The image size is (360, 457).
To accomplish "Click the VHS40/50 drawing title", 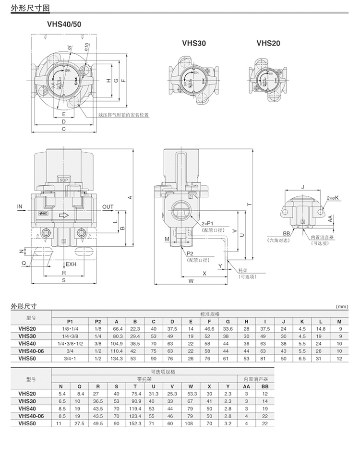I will point(64,23).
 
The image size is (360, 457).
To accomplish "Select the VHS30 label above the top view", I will point(194,43).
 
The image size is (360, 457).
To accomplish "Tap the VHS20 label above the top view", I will point(268,43).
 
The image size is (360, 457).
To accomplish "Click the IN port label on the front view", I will point(20,207).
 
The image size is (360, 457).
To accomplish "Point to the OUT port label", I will point(108,207).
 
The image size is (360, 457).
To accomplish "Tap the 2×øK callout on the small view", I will point(333,197).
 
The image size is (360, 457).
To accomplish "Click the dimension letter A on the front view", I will point(130,197).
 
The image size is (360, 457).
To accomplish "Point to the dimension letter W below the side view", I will point(191,280).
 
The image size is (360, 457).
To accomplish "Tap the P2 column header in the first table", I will point(98,321).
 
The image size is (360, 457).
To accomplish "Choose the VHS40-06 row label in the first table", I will point(31,351).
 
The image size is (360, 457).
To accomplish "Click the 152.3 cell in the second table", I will point(136,423).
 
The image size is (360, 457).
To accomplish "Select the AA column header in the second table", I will point(246,385).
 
